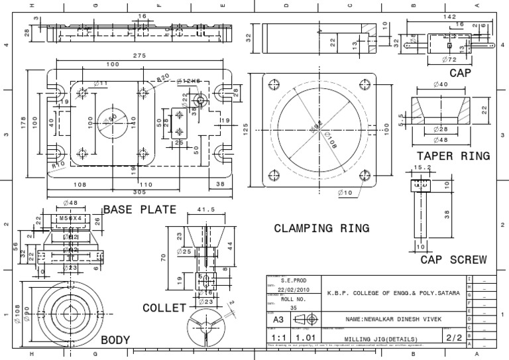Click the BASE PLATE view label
(139, 210)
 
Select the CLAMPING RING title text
(321, 228)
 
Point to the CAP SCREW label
(453, 259)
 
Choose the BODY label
(115, 340)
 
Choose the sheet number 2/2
(453, 337)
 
